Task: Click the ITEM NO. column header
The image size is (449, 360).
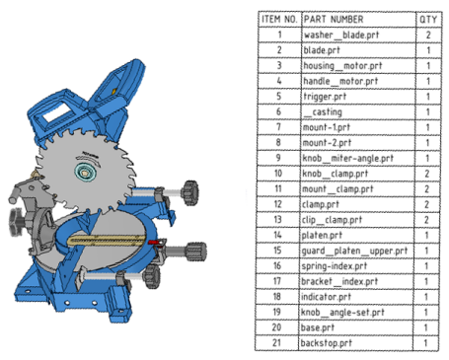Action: [279, 20]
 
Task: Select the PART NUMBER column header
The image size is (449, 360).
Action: [334, 20]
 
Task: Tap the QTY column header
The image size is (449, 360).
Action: [428, 20]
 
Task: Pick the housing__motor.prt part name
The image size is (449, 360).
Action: [342, 66]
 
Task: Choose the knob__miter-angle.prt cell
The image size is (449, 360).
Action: [348, 158]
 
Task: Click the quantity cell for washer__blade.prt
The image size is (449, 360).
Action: [428, 35]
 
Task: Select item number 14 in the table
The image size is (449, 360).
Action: [277, 235]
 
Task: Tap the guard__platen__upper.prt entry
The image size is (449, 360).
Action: [354, 251]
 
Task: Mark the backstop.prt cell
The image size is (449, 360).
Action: [327, 343]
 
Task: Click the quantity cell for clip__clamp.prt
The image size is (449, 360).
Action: [426, 220]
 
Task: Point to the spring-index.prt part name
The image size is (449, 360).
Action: [335, 266]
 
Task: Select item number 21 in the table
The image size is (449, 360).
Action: [276, 343]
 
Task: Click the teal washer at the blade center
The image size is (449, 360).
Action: [86, 172]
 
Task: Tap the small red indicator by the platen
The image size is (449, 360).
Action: [154, 243]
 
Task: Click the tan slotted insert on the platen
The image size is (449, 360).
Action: [107, 241]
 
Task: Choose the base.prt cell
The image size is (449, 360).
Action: [318, 327]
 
